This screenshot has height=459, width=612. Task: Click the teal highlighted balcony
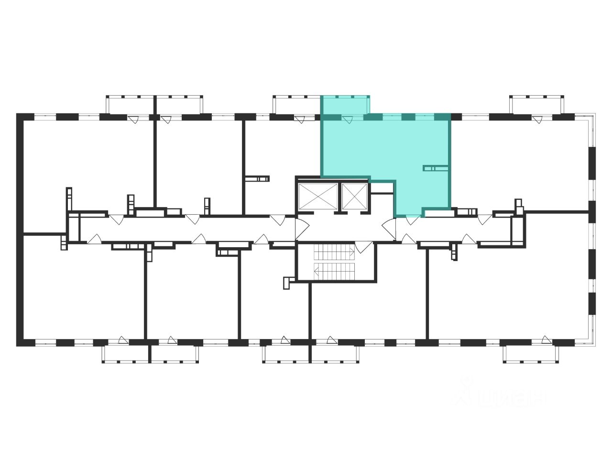[345, 105]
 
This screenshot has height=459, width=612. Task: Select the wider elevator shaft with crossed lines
[317, 196]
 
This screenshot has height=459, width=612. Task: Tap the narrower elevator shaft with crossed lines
[354, 196]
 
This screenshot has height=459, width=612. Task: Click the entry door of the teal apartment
[412, 220]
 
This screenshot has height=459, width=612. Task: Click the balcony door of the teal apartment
[348, 120]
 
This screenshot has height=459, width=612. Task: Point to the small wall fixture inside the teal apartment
[435, 168]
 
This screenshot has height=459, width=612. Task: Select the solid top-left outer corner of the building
[20, 116]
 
